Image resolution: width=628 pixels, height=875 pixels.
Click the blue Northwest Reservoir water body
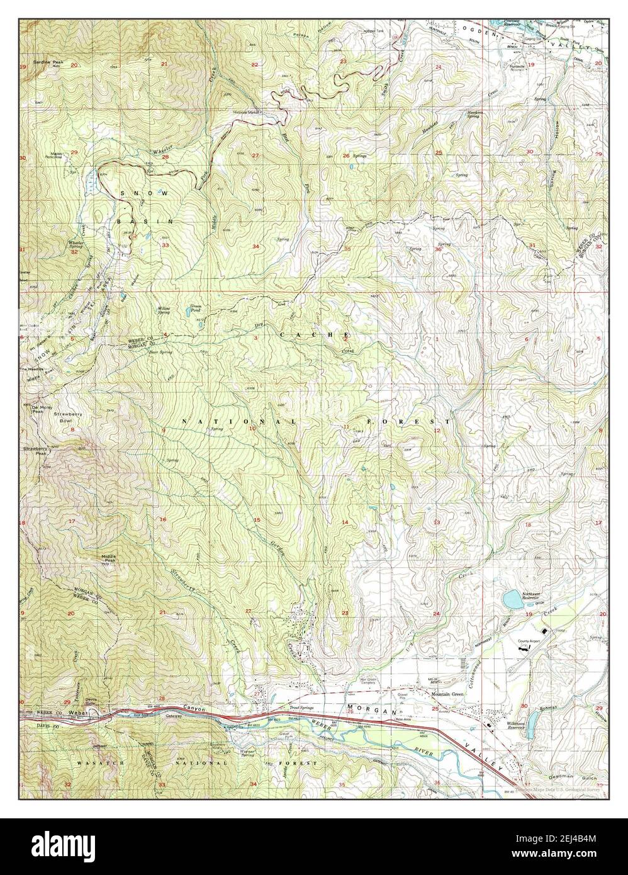pos(512,599)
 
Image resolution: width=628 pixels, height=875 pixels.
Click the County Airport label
pos(529,641)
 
